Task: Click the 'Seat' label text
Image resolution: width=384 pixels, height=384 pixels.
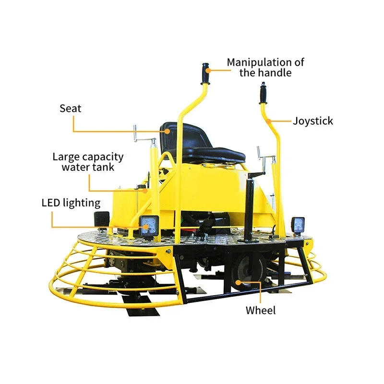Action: click(x=70, y=108)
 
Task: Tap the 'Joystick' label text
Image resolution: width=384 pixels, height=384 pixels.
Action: click(x=313, y=121)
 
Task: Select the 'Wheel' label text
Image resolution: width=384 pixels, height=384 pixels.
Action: click(x=261, y=310)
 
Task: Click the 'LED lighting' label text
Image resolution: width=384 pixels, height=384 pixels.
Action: click(x=71, y=203)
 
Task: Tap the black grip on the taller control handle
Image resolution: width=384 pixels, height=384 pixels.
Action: click(x=205, y=73)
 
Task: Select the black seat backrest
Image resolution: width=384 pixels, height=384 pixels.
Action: click(x=183, y=137)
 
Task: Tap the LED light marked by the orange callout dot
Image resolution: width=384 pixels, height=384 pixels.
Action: click(x=149, y=226)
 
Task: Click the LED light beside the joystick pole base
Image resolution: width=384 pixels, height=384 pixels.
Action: click(x=298, y=225)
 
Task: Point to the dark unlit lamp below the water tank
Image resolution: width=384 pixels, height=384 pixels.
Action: click(x=102, y=219)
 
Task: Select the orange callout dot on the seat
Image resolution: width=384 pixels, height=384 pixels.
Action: click(x=167, y=131)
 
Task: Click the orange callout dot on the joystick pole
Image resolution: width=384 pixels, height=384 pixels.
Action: click(x=269, y=121)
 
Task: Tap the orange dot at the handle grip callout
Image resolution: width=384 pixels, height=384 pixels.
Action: click(x=208, y=71)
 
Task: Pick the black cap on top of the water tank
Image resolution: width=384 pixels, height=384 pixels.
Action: click(x=140, y=187)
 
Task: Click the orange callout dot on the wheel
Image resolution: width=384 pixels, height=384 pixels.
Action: click(x=238, y=282)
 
